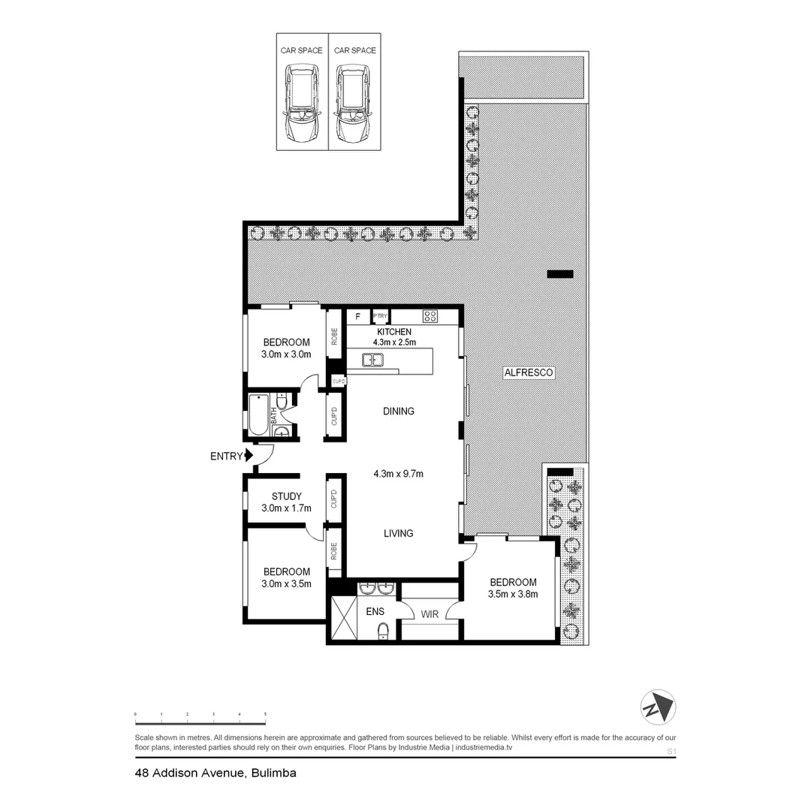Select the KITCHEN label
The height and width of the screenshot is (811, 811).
394,332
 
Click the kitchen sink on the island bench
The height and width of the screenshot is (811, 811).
372,360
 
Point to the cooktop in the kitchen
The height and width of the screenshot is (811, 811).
430,316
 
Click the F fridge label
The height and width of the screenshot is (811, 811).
357,316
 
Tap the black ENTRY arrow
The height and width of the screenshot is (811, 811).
249,455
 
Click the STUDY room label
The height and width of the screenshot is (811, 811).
287,496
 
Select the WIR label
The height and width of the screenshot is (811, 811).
430,614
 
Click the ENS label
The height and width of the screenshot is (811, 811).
375,611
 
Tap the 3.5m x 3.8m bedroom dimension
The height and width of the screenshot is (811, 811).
513,594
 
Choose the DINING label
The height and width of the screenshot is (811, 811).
399,412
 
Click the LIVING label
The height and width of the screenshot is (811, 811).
399,533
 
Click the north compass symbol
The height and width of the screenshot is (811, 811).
658,707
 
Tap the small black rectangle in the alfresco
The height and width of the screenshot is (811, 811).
560,274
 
